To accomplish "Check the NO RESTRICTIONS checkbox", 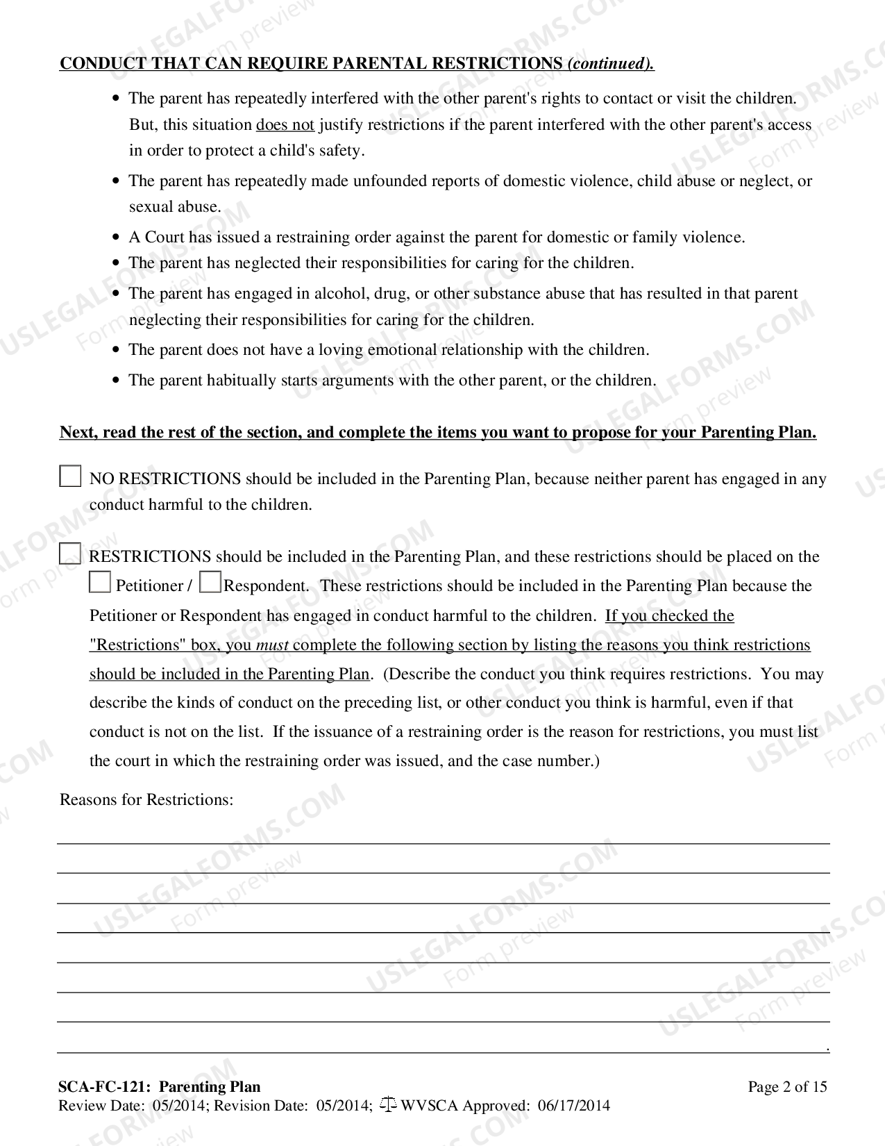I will click(70, 476).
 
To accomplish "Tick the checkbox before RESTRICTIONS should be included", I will click(70, 554).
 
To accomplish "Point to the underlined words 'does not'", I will click(285, 125).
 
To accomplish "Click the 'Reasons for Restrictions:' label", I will click(146, 799).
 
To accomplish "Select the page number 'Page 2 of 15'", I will click(787, 1087).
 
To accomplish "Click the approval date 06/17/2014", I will click(573, 1106).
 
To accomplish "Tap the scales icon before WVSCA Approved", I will click(388, 1104).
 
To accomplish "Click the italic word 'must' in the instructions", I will click(272, 645).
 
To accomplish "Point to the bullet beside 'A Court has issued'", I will click(117, 238).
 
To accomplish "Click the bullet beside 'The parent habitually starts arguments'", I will click(117, 381).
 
